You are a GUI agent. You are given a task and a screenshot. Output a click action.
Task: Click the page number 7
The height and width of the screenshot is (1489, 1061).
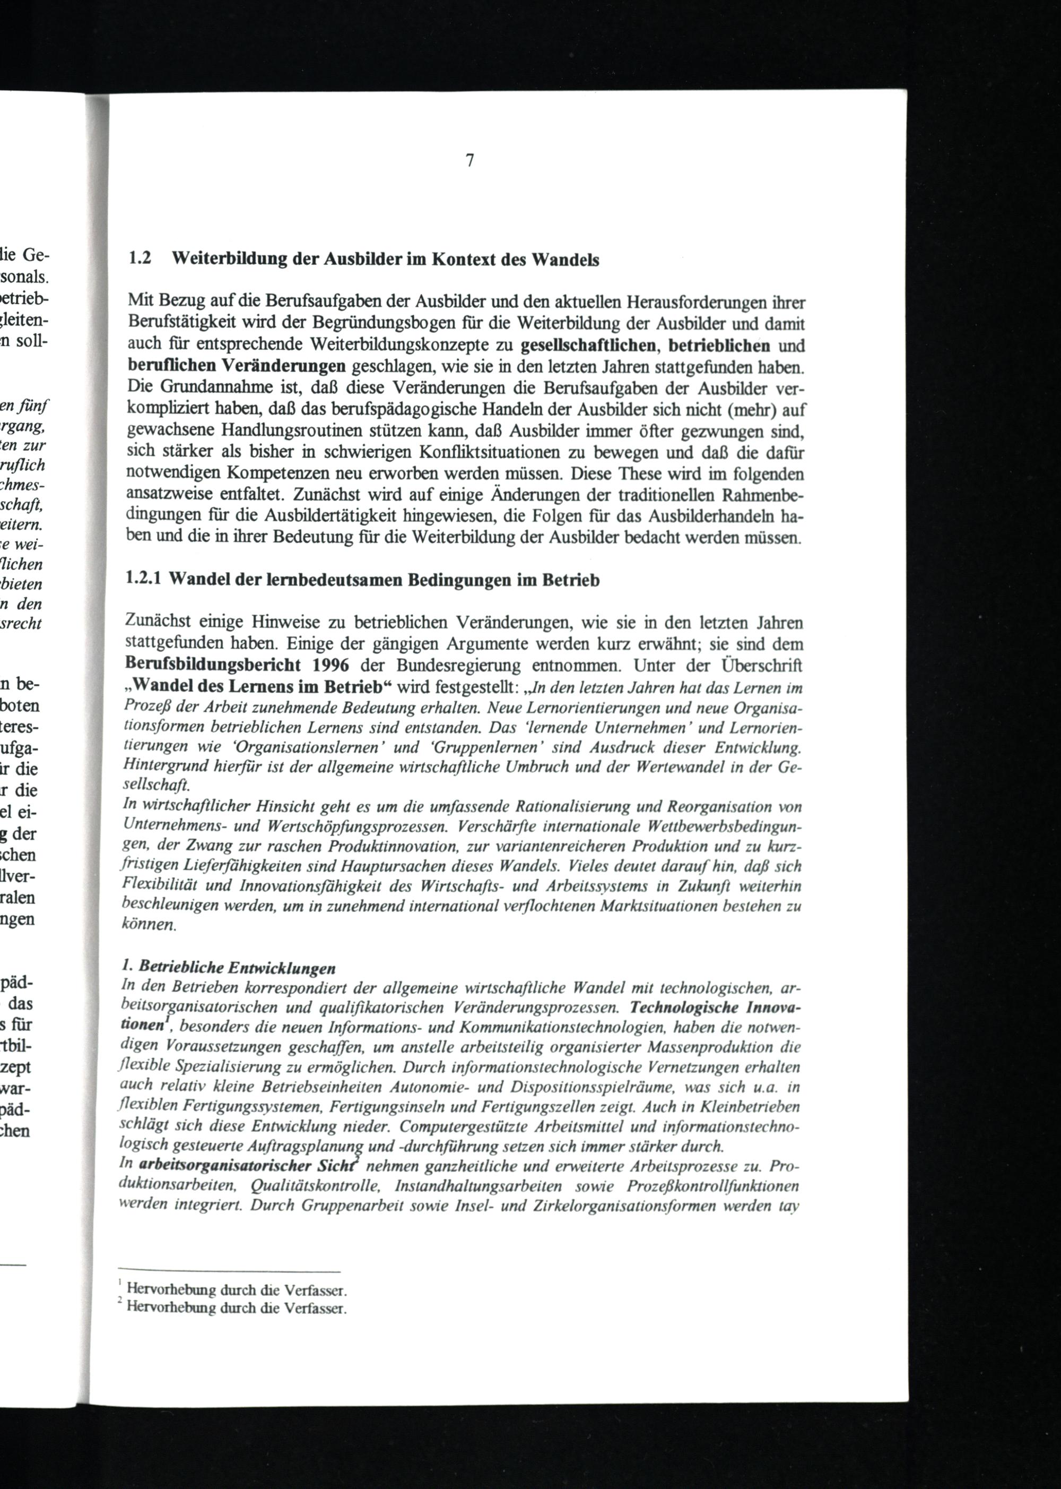(469, 160)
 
